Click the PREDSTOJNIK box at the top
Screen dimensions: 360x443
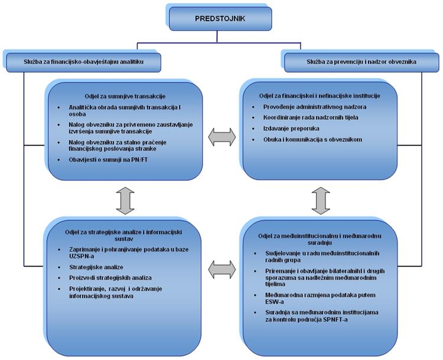220,19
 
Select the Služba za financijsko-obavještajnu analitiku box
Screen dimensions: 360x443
83,61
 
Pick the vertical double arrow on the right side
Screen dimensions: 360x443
321,201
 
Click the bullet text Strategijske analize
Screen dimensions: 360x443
96,267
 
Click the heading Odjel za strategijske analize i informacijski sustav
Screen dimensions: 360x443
123,235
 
